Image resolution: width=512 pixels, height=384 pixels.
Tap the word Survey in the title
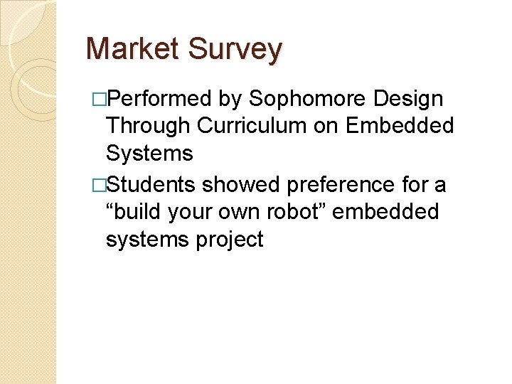[x=236, y=49]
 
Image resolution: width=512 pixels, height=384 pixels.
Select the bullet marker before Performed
[x=98, y=98]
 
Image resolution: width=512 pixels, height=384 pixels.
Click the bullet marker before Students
[x=98, y=184]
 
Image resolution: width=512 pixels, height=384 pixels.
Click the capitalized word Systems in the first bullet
[x=149, y=154]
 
